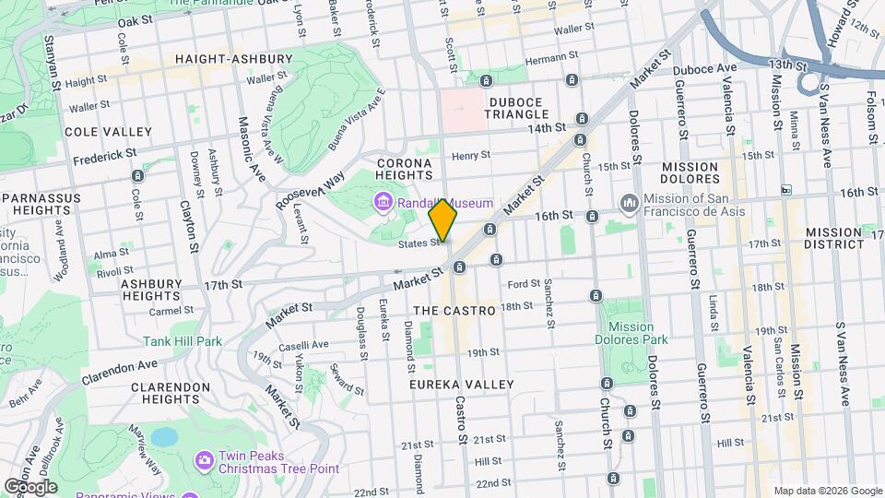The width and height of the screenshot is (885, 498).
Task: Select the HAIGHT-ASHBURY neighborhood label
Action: [x=234, y=59]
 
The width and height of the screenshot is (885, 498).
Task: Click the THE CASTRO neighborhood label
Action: [x=454, y=312]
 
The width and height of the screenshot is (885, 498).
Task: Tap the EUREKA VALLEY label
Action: [x=463, y=384]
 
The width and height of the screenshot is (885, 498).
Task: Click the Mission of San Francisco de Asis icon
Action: [x=630, y=202]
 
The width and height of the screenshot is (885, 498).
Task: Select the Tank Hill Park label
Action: [x=183, y=341]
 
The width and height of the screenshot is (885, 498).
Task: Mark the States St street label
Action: [x=419, y=243]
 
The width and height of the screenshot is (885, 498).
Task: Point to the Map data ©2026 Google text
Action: [x=826, y=491]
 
